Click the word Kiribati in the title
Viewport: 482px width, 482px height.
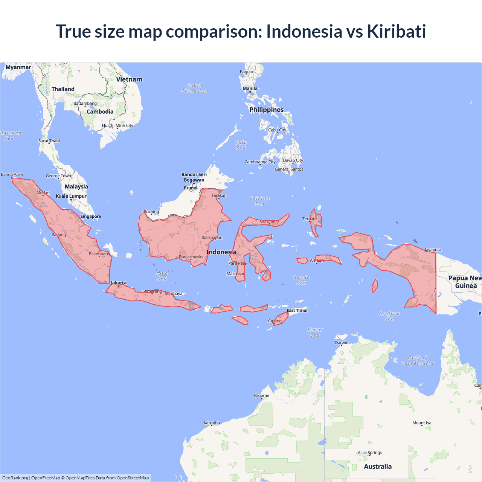[x=396, y=31]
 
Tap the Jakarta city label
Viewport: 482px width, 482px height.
[x=119, y=283]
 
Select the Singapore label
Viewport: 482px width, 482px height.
[x=90, y=217]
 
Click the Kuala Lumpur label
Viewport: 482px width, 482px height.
[x=71, y=196]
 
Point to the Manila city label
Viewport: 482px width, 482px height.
[x=250, y=88]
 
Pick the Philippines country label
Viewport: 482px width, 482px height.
[x=266, y=110]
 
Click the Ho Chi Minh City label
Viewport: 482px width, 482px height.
[x=117, y=125]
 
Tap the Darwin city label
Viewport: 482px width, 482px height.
[x=342, y=343]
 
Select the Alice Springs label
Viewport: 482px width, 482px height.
[x=369, y=453]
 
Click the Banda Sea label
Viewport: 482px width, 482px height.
[x=301, y=280]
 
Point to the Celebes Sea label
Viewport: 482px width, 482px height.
[x=259, y=201]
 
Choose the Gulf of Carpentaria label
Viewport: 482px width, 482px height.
[x=417, y=361]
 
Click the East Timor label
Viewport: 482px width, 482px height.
[x=297, y=311]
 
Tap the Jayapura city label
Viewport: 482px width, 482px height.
[x=433, y=250]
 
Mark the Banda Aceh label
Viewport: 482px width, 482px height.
[x=12, y=175]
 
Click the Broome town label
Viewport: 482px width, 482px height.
[x=261, y=395]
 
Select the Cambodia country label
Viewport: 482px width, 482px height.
[x=100, y=111]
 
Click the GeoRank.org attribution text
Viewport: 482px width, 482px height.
[x=15, y=478]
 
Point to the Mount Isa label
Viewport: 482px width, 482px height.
[x=422, y=423]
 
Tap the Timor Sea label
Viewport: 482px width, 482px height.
[x=315, y=332]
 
